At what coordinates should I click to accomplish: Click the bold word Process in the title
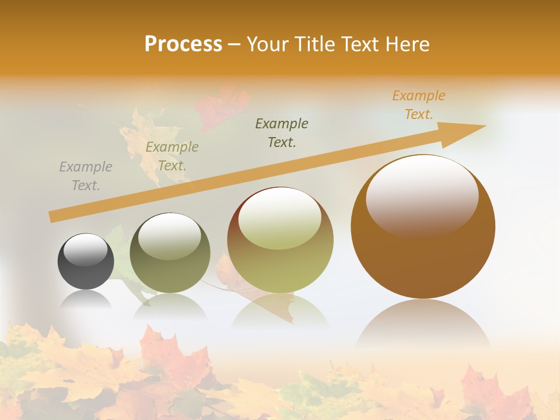[x=183, y=44]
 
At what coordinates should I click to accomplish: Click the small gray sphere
[x=86, y=262]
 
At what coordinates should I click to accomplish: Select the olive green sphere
[x=170, y=253]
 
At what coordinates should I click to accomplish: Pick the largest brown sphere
[x=423, y=228]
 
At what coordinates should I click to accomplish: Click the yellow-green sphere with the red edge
[x=280, y=240]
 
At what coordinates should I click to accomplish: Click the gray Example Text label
[x=86, y=176]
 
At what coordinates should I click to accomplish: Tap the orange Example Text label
[x=419, y=105]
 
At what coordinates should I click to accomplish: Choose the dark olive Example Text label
[x=282, y=132]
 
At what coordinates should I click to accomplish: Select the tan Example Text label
[x=172, y=156]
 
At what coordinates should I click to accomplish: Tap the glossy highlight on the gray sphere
[x=86, y=250]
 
